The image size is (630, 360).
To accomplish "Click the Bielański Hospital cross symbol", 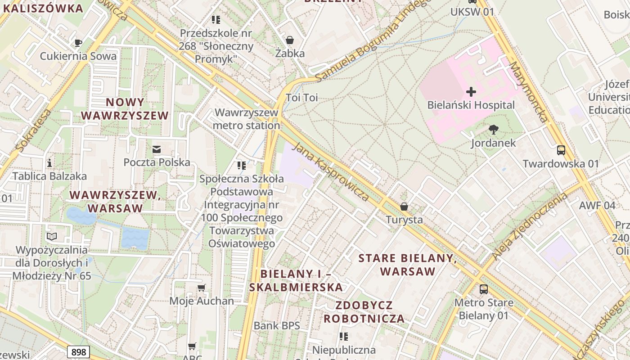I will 471,92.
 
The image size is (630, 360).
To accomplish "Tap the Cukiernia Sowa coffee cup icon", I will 78,43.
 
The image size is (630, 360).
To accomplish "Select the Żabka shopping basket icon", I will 290,40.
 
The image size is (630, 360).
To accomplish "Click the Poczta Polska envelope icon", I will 157,149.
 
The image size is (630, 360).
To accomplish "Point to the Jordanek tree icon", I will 493,130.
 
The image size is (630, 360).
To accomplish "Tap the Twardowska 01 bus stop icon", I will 561,150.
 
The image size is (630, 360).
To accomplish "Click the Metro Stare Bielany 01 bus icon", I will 483,289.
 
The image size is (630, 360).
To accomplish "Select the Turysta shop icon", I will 404,207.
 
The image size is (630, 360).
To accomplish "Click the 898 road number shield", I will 79,351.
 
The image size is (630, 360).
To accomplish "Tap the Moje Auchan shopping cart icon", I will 201,288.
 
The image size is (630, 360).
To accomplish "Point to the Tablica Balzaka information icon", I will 49,162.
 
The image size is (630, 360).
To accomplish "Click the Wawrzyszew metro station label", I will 246,119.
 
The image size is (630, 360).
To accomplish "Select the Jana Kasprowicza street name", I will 331,172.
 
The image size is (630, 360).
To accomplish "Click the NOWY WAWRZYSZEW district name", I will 125,109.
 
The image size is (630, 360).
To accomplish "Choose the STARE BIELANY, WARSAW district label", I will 408,265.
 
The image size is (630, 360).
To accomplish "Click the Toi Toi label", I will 301,98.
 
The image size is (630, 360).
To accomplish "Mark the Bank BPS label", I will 276,325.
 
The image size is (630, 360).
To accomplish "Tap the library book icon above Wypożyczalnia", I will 52,236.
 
